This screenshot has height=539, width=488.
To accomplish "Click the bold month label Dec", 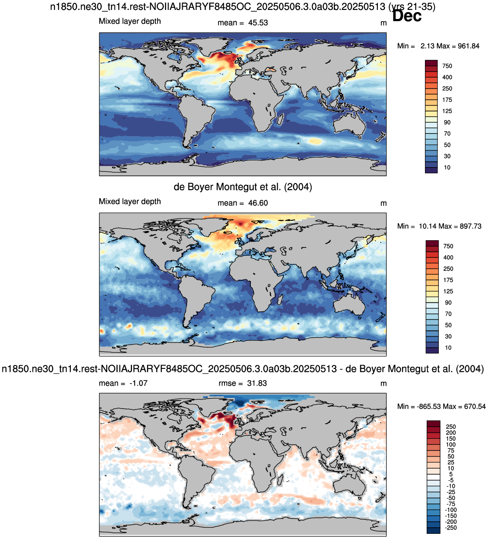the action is (x=406, y=16).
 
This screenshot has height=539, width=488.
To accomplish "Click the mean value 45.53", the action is (x=258, y=23).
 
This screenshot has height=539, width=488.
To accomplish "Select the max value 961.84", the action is (x=469, y=46).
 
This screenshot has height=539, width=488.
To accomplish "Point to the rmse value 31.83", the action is (x=257, y=383).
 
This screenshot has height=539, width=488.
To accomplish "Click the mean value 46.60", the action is (x=258, y=203).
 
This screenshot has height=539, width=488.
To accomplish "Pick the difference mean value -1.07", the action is (x=138, y=383).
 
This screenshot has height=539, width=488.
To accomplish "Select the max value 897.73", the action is (x=471, y=226).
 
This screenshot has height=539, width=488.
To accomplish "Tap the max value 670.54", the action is (x=475, y=406).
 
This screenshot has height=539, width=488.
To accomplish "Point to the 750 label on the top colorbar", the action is (x=447, y=66).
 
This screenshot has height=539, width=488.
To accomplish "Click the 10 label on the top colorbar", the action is (x=447, y=168).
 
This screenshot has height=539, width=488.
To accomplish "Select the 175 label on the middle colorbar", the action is (x=448, y=280).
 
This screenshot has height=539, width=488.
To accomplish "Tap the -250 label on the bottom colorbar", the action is (x=451, y=528).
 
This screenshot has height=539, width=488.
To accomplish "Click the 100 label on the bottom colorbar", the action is (x=451, y=445).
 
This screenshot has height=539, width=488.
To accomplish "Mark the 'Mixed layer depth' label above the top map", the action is (x=130, y=21).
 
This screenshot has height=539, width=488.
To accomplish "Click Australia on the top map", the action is (x=349, y=124).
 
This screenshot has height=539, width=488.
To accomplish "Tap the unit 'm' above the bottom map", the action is (x=383, y=384).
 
